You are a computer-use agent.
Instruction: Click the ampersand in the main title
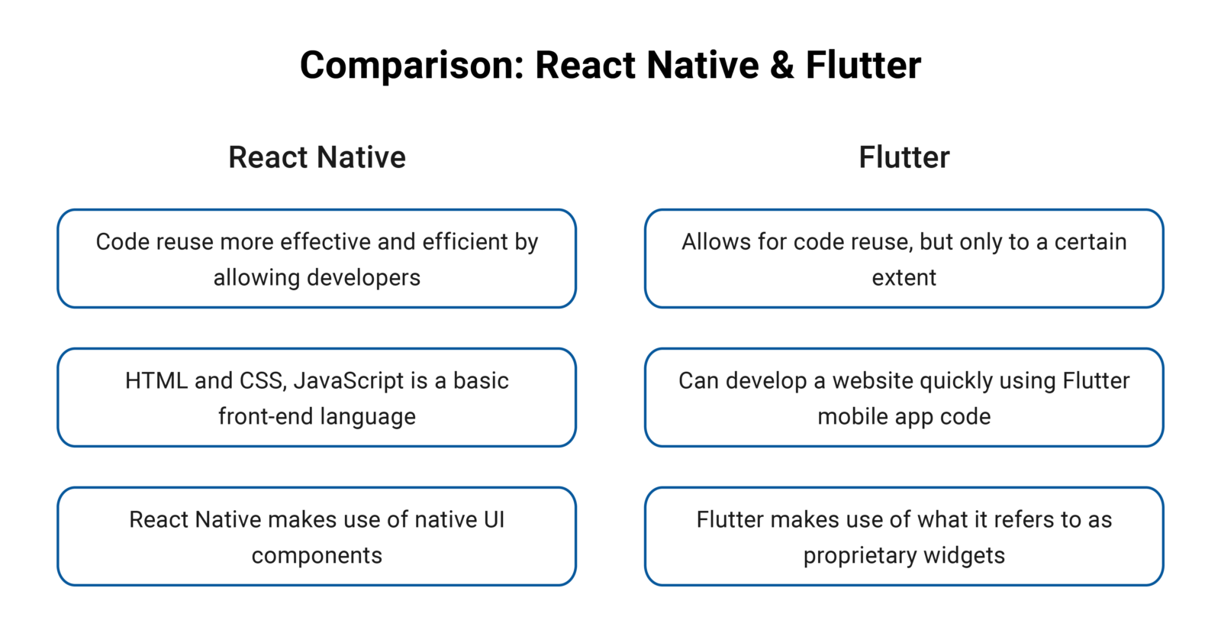tap(782, 66)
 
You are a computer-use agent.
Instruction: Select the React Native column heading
tap(317, 158)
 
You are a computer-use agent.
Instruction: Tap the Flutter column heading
tap(904, 158)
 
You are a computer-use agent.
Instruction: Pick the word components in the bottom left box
tap(317, 556)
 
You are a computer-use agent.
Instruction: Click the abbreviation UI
tap(494, 520)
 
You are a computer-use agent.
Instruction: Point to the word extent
tap(904, 278)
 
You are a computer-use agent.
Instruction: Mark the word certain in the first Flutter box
tap(1090, 242)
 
